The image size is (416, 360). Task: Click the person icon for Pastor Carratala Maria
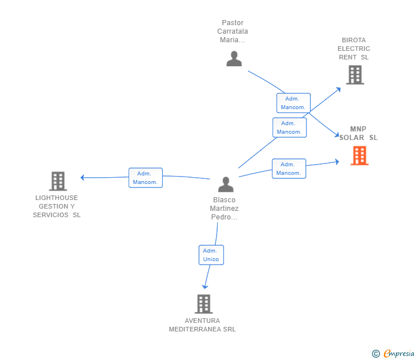click(234, 58)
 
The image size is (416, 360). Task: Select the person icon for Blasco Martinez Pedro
click(226, 185)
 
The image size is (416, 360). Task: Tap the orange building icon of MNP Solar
click(359, 155)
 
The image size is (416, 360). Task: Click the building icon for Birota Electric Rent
click(354, 75)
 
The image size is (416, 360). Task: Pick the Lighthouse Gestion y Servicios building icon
click(58, 181)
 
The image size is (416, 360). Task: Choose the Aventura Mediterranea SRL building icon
click(203, 304)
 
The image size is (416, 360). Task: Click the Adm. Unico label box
click(211, 255)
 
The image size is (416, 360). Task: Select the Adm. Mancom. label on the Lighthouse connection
click(146, 178)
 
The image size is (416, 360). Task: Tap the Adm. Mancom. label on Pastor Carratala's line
click(293, 103)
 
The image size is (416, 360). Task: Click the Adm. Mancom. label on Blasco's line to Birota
click(289, 127)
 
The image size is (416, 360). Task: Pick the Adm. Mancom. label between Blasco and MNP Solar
click(289, 169)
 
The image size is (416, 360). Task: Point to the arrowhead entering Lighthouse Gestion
click(83, 177)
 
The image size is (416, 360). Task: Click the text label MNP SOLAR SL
click(358, 133)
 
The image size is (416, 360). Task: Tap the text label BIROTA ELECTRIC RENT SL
click(354, 49)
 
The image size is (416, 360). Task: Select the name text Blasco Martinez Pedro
click(224, 209)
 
